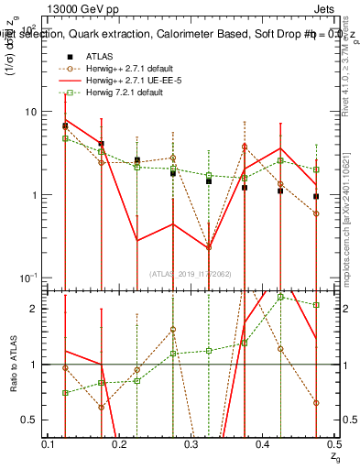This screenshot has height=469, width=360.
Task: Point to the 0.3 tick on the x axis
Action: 191,444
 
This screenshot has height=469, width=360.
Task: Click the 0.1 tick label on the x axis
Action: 49,444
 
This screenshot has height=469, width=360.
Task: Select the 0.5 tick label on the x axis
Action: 333,444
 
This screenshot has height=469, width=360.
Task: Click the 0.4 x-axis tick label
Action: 262,444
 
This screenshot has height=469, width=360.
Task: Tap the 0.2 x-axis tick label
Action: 119,444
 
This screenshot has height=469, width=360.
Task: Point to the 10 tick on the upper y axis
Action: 30,112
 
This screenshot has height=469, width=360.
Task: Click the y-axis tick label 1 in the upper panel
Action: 34,195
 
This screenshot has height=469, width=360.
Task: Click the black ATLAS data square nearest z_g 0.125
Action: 65,125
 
